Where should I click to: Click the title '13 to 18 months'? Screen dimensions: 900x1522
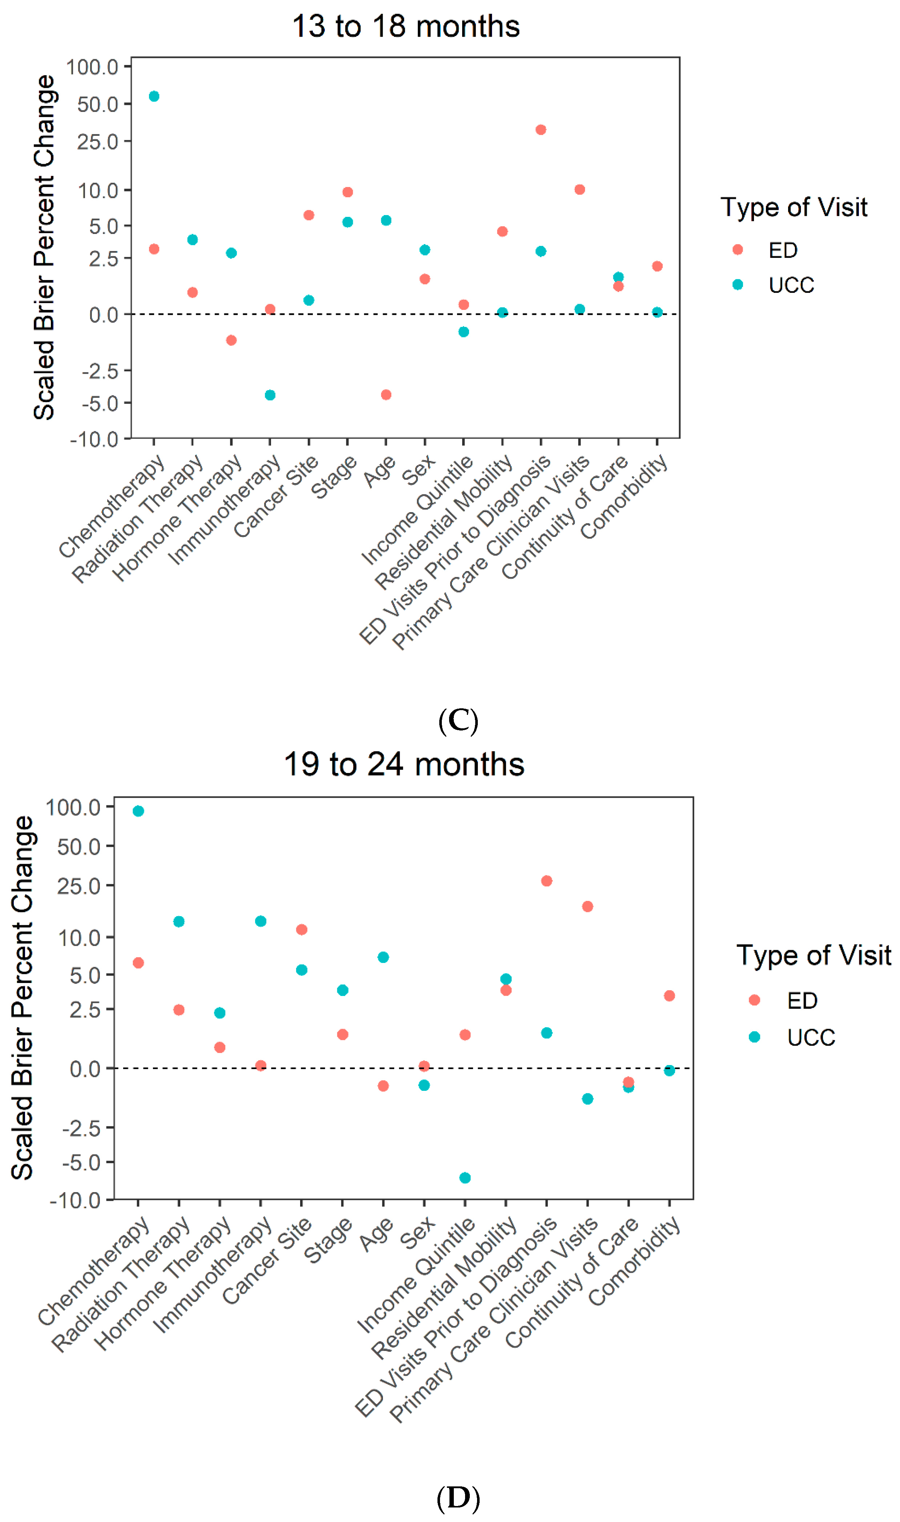(x=406, y=27)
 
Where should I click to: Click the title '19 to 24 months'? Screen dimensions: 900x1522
(x=404, y=764)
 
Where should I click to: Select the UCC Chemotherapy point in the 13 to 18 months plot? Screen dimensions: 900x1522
(x=154, y=96)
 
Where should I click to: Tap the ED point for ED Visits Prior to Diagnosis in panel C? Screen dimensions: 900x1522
(x=541, y=130)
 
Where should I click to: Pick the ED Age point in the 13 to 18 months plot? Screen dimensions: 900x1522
(x=386, y=394)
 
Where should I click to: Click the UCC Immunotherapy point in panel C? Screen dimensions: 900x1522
(x=270, y=395)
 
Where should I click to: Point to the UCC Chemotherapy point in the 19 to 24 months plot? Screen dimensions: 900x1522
(x=138, y=811)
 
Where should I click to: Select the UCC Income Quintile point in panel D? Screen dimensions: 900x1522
(x=465, y=1178)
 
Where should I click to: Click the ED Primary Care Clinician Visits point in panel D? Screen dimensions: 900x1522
(x=588, y=906)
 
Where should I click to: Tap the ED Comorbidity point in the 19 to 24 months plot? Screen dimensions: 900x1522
(x=670, y=996)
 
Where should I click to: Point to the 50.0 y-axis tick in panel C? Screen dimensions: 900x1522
(x=98, y=104)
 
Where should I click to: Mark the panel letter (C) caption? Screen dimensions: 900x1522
(x=459, y=721)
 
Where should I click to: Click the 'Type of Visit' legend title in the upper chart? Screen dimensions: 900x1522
(x=794, y=207)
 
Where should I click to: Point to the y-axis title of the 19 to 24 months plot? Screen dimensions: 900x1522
(x=23, y=998)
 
